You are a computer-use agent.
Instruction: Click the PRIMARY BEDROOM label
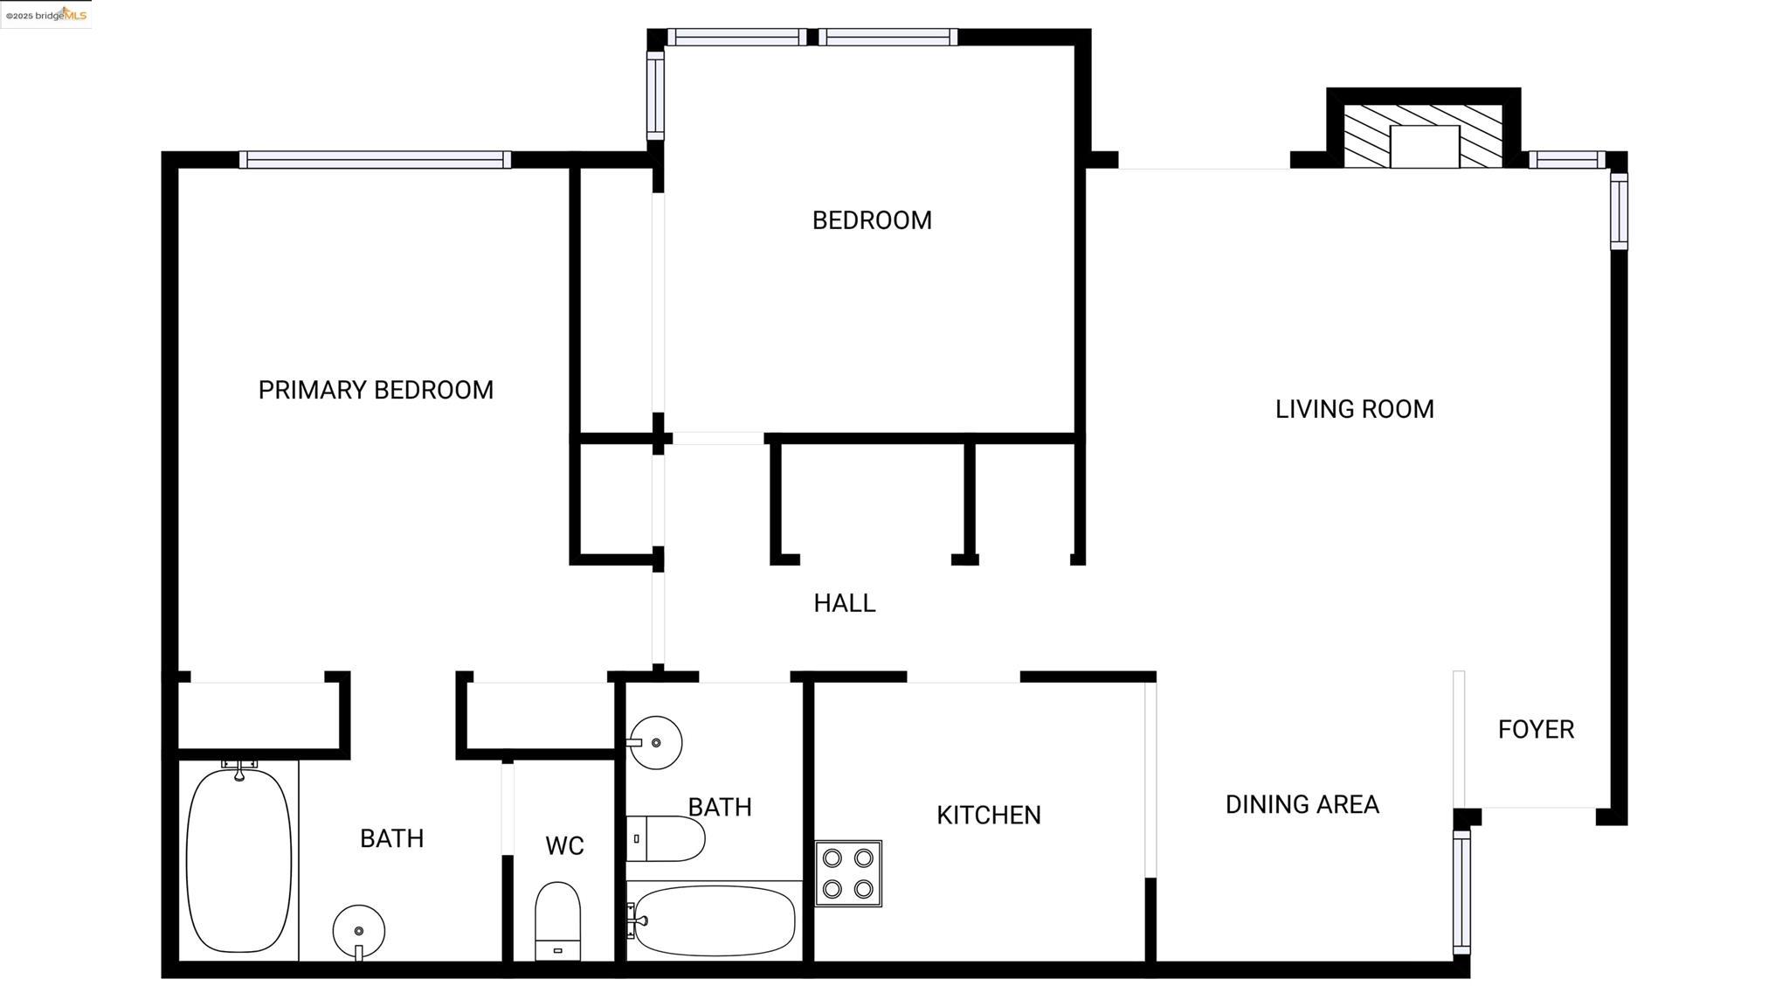[376, 390]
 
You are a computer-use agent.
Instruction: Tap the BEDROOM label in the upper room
[872, 220]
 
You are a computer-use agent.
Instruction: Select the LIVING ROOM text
[1354, 409]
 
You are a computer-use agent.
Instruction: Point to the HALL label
[845, 603]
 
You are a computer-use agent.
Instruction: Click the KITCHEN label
[989, 816]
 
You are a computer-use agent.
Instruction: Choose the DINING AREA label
[1302, 804]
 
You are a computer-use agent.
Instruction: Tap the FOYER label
[1536, 729]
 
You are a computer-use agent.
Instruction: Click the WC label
[564, 846]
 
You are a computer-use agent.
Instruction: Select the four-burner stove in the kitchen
[848, 873]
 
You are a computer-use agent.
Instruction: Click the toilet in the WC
[557, 921]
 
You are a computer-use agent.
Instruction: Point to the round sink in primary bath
[358, 932]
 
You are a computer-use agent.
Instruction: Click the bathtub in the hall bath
[713, 920]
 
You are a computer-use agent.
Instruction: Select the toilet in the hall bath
[665, 838]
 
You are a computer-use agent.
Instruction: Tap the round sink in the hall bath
[654, 743]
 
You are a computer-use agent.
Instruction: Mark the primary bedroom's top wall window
[375, 160]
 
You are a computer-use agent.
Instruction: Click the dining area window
[1461, 892]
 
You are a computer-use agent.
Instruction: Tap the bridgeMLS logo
[46, 15]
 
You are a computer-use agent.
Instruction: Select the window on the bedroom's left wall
[655, 95]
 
